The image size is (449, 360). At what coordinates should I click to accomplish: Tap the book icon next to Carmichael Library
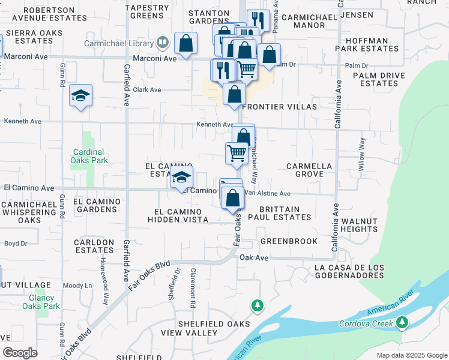[162, 43]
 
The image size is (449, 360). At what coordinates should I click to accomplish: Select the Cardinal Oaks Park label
[89, 156]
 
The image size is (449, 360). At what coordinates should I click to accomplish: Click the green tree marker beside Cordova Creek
[402, 323]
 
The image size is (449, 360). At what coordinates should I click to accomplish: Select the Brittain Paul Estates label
[279, 213]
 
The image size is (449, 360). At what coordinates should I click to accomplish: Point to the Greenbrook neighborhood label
[289, 241]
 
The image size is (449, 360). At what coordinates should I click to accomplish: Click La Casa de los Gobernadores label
[348, 271]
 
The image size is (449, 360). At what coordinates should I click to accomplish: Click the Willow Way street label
[362, 155]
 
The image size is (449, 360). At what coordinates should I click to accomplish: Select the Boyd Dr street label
[16, 243]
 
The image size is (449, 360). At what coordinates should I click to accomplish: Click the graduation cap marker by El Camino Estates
[182, 178]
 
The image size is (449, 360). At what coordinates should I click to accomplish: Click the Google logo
[20, 353]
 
